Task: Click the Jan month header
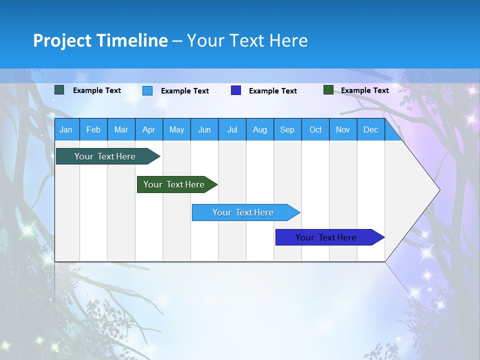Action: pos(66,129)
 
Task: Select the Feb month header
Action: pos(93,129)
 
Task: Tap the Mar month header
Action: pos(121,129)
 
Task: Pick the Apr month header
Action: pos(149,129)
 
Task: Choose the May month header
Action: pos(176,129)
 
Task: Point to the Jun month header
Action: pos(204,129)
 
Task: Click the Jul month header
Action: pos(232,129)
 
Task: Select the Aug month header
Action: pos(260,129)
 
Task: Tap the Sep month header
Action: pos(287,129)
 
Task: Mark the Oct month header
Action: pos(315,129)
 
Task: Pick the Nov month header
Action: pos(343,129)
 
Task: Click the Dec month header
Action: pos(371,129)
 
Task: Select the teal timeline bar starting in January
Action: pos(105,156)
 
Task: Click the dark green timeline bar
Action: pos(174,184)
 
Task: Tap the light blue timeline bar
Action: pos(243,212)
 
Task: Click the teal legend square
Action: pos(59,90)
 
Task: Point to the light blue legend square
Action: pos(147,90)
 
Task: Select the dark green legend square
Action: pos(328,90)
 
